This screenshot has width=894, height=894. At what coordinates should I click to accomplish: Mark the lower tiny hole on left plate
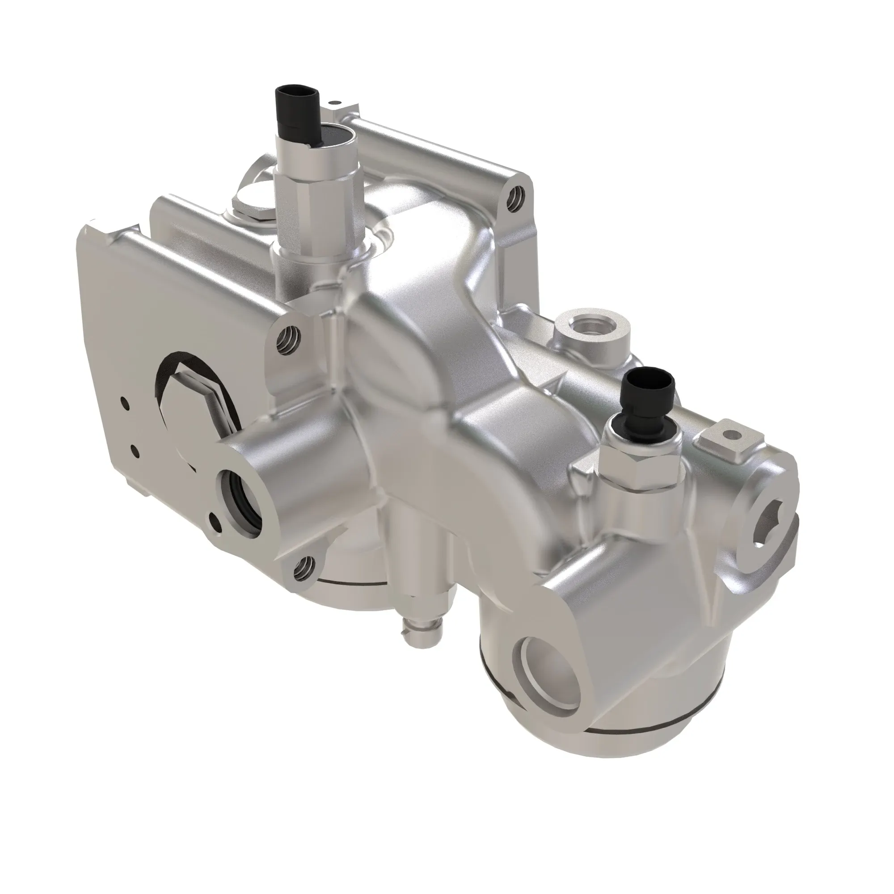coord(134,449)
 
